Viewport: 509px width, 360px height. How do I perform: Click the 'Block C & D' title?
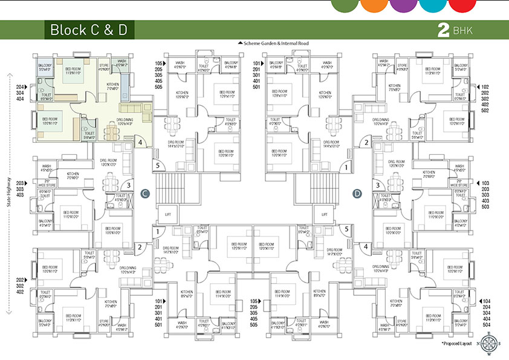coord(88,30)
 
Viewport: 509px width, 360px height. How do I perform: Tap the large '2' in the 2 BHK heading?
coord(444,30)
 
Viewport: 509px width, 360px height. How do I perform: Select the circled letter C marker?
coord(144,193)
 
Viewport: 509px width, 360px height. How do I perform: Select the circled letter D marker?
coord(357,193)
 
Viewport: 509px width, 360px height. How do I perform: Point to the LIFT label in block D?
coord(324,214)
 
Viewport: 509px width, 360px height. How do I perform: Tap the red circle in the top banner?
coord(464,5)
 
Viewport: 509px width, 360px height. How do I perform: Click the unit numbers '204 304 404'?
coord(22,92)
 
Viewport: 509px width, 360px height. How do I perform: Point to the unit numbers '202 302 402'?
coord(22,286)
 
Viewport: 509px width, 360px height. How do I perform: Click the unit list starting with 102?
coord(485,98)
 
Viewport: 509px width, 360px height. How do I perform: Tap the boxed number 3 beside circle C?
coord(128,185)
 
